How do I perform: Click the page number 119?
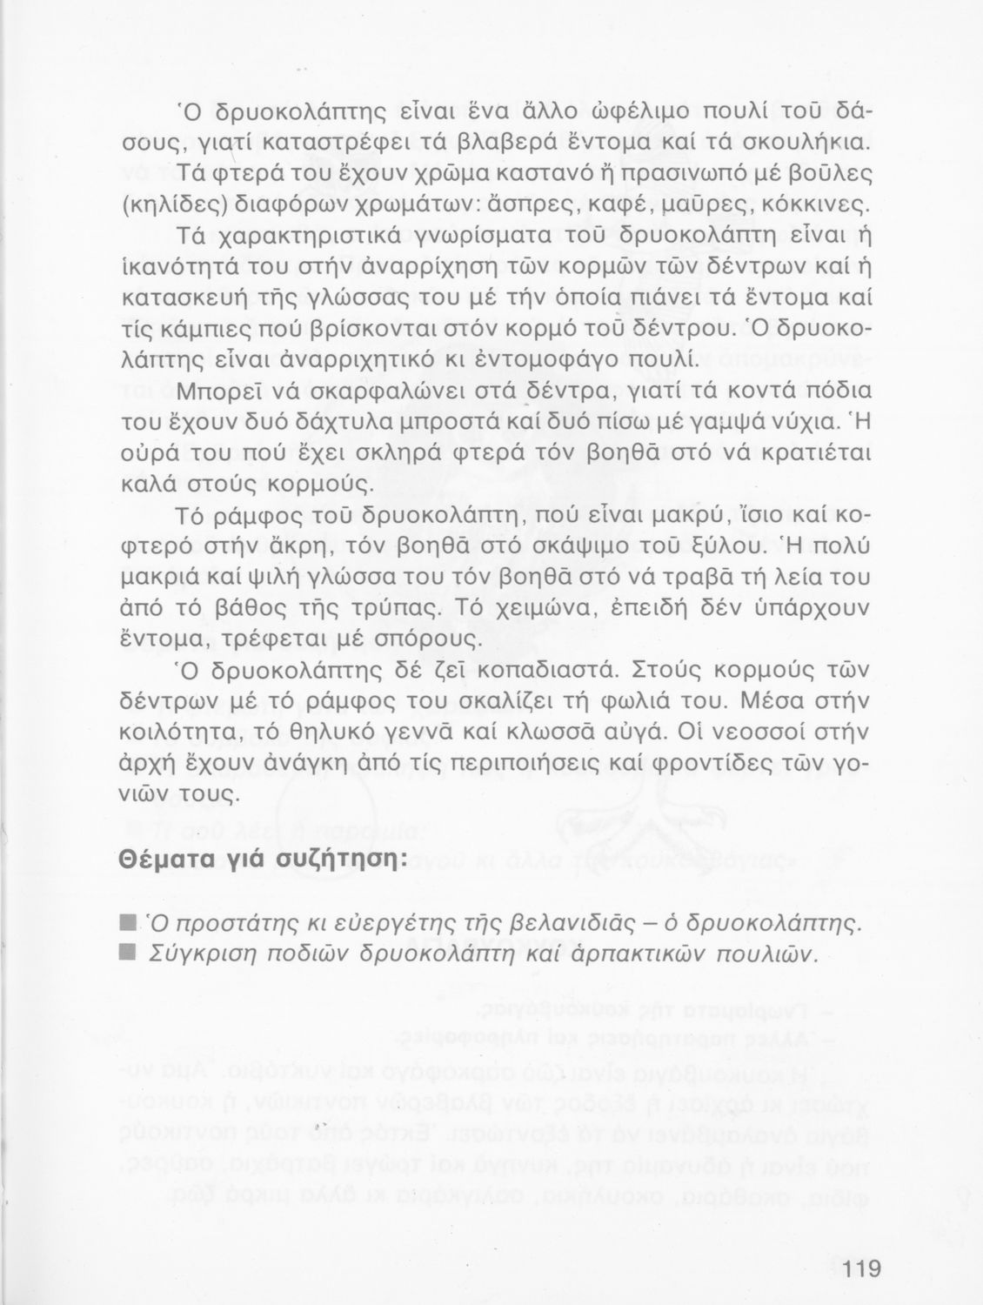pyautogui.click(x=862, y=1268)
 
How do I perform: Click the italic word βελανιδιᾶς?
pyautogui.click(x=556, y=922)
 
